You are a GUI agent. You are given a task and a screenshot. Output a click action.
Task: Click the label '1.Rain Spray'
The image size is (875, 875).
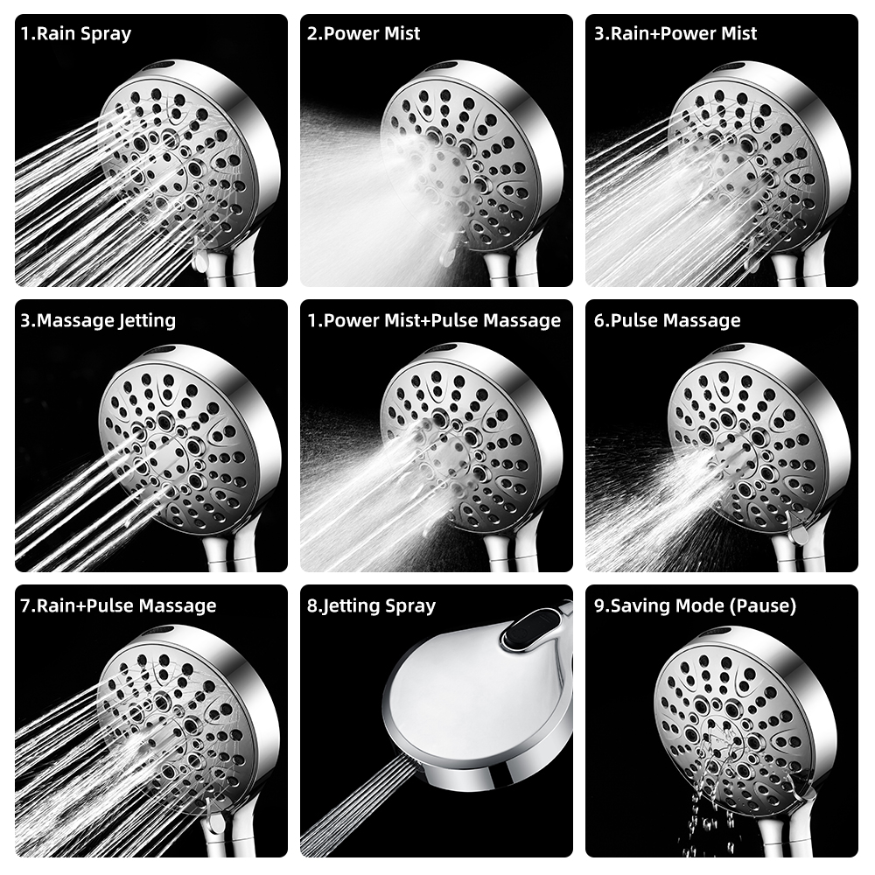pyautogui.click(x=76, y=33)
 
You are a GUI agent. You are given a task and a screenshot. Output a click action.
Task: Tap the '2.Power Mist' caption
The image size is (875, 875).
pyautogui.click(x=363, y=33)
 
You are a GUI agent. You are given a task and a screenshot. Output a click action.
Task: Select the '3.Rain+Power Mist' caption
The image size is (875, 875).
pyautogui.click(x=675, y=33)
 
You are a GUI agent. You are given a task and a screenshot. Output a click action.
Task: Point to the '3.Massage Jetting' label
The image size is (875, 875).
pyautogui.click(x=98, y=320)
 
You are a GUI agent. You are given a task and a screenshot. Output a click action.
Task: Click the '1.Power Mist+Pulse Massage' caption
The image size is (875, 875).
pyautogui.click(x=434, y=320)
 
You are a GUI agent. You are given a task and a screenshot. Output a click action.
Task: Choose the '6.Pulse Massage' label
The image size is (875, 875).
pyautogui.click(x=668, y=320)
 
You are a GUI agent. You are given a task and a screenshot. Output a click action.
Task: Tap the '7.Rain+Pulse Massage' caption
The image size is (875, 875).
pyautogui.click(x=118, y=605)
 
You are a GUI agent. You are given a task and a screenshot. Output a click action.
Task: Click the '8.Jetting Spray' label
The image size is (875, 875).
pyautogui.click(x=371, y=606)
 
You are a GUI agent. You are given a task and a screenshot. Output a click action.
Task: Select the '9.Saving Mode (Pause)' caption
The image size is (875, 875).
pyautogui.click(x=696, y=606)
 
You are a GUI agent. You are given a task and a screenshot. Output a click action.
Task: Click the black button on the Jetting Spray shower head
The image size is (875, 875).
pyautogui.click(x=531, y=631)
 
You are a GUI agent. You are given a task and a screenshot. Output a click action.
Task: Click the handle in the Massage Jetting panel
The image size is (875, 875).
pyautogui.click(x=223, y=552)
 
